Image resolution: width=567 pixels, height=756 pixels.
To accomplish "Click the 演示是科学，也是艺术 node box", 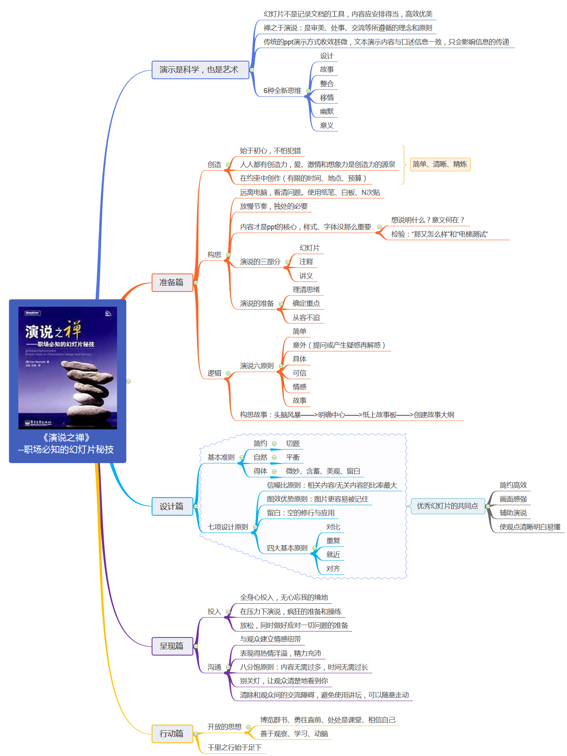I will [200, 70].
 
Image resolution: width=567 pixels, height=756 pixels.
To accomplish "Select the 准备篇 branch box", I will [172, 282].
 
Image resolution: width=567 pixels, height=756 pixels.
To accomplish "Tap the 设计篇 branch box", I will [172, 506].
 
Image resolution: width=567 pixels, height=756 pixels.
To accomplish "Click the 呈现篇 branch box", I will [172, 646].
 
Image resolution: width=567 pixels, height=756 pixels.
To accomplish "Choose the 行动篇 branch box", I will [172, 733].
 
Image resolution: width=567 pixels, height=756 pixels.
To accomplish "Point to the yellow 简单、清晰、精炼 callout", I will [440, 164].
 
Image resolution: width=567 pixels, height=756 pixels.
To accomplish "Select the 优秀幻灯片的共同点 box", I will [447, 506].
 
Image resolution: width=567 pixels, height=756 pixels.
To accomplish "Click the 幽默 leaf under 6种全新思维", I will [327, 111].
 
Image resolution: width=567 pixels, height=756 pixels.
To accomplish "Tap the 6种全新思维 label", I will [282, 91].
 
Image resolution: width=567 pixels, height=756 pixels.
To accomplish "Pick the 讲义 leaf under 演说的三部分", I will [306, 276].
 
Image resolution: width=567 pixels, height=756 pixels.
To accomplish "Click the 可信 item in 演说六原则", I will [299, 373].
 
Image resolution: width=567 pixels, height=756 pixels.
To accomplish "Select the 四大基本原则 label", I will [287, 548].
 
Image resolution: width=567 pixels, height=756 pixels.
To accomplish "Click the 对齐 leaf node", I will [333, 568].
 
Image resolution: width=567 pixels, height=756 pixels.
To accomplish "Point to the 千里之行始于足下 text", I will [235, 747].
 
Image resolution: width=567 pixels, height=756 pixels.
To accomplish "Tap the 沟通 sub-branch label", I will [214, 667].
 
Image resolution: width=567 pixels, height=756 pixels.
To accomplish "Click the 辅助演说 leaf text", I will [513, 513].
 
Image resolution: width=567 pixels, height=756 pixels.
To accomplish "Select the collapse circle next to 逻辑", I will [228, 373].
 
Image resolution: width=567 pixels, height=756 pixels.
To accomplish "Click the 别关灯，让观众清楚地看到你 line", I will [284, 681].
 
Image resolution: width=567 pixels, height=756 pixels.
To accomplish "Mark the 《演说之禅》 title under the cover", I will [67, 437].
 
